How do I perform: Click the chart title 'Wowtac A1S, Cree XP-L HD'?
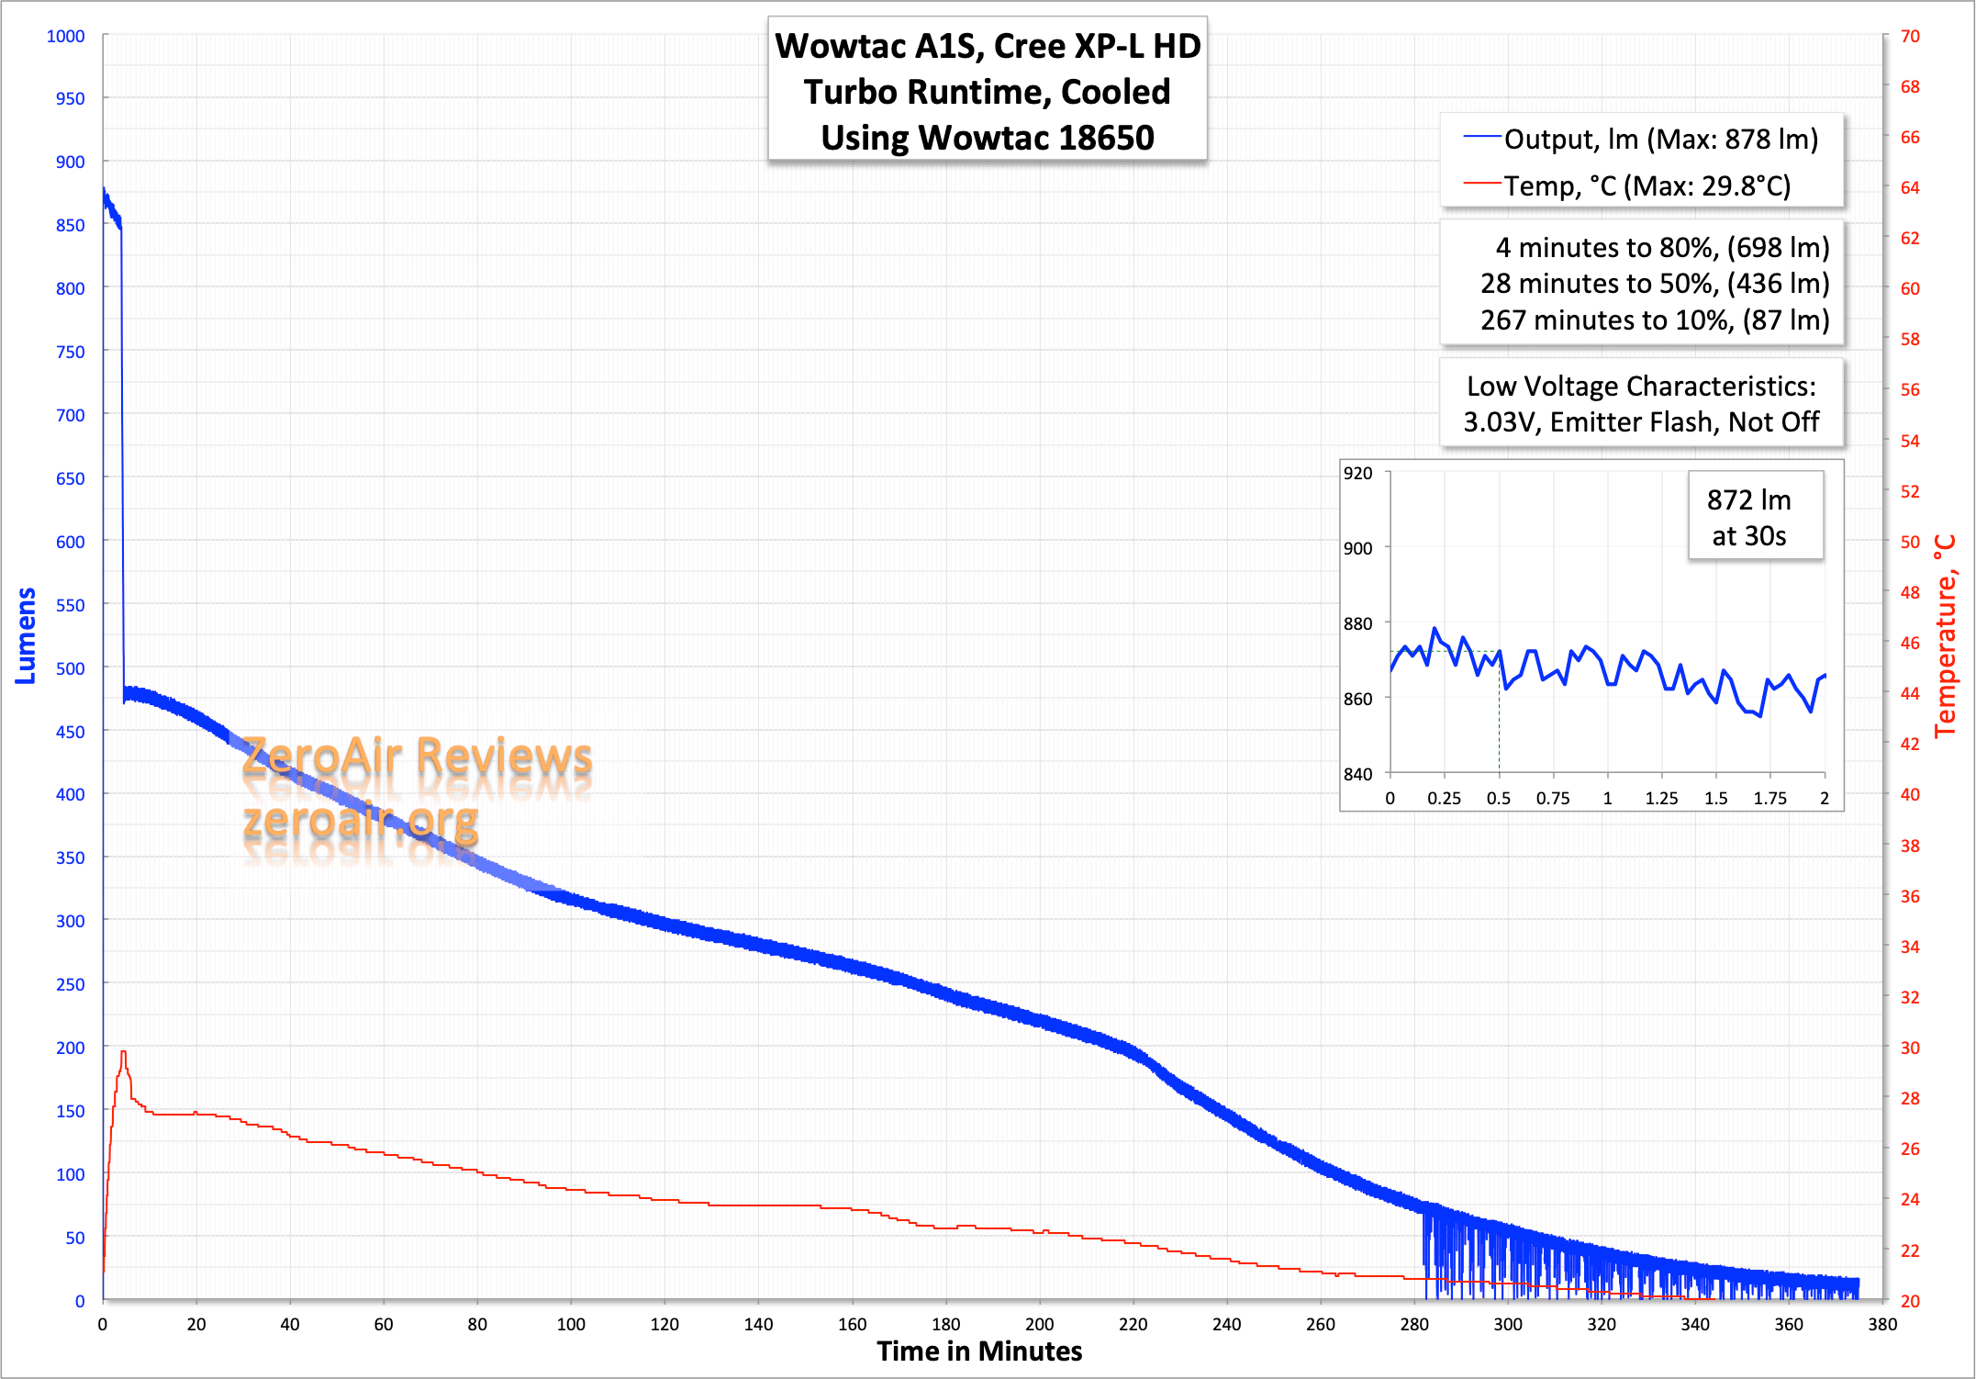coord(988,46)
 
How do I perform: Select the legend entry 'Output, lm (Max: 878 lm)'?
coord(1660,139)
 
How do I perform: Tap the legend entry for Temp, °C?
coord(1647,186)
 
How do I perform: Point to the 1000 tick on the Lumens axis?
coord(65,36)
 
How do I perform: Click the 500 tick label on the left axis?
coord(70,668)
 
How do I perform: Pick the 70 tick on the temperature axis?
coord(1910,36)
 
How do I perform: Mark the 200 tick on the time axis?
coord(1039,1324)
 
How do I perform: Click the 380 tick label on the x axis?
coord(1882,1324)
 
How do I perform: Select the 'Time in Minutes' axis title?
coord(979,1351)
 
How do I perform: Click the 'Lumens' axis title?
coord(26,635)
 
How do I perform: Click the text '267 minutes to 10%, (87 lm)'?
coord(1654,320)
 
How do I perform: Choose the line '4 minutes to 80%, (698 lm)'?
coord(1662,247)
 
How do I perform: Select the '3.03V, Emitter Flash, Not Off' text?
coord(1641,421)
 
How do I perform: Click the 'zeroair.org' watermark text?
coord(361,819)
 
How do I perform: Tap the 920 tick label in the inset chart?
coord(1357,473)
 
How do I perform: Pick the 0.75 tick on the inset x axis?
coord(1553,798)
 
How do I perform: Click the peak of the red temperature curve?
coord(123,1052)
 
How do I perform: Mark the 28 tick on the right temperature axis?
coord(1910,1098)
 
